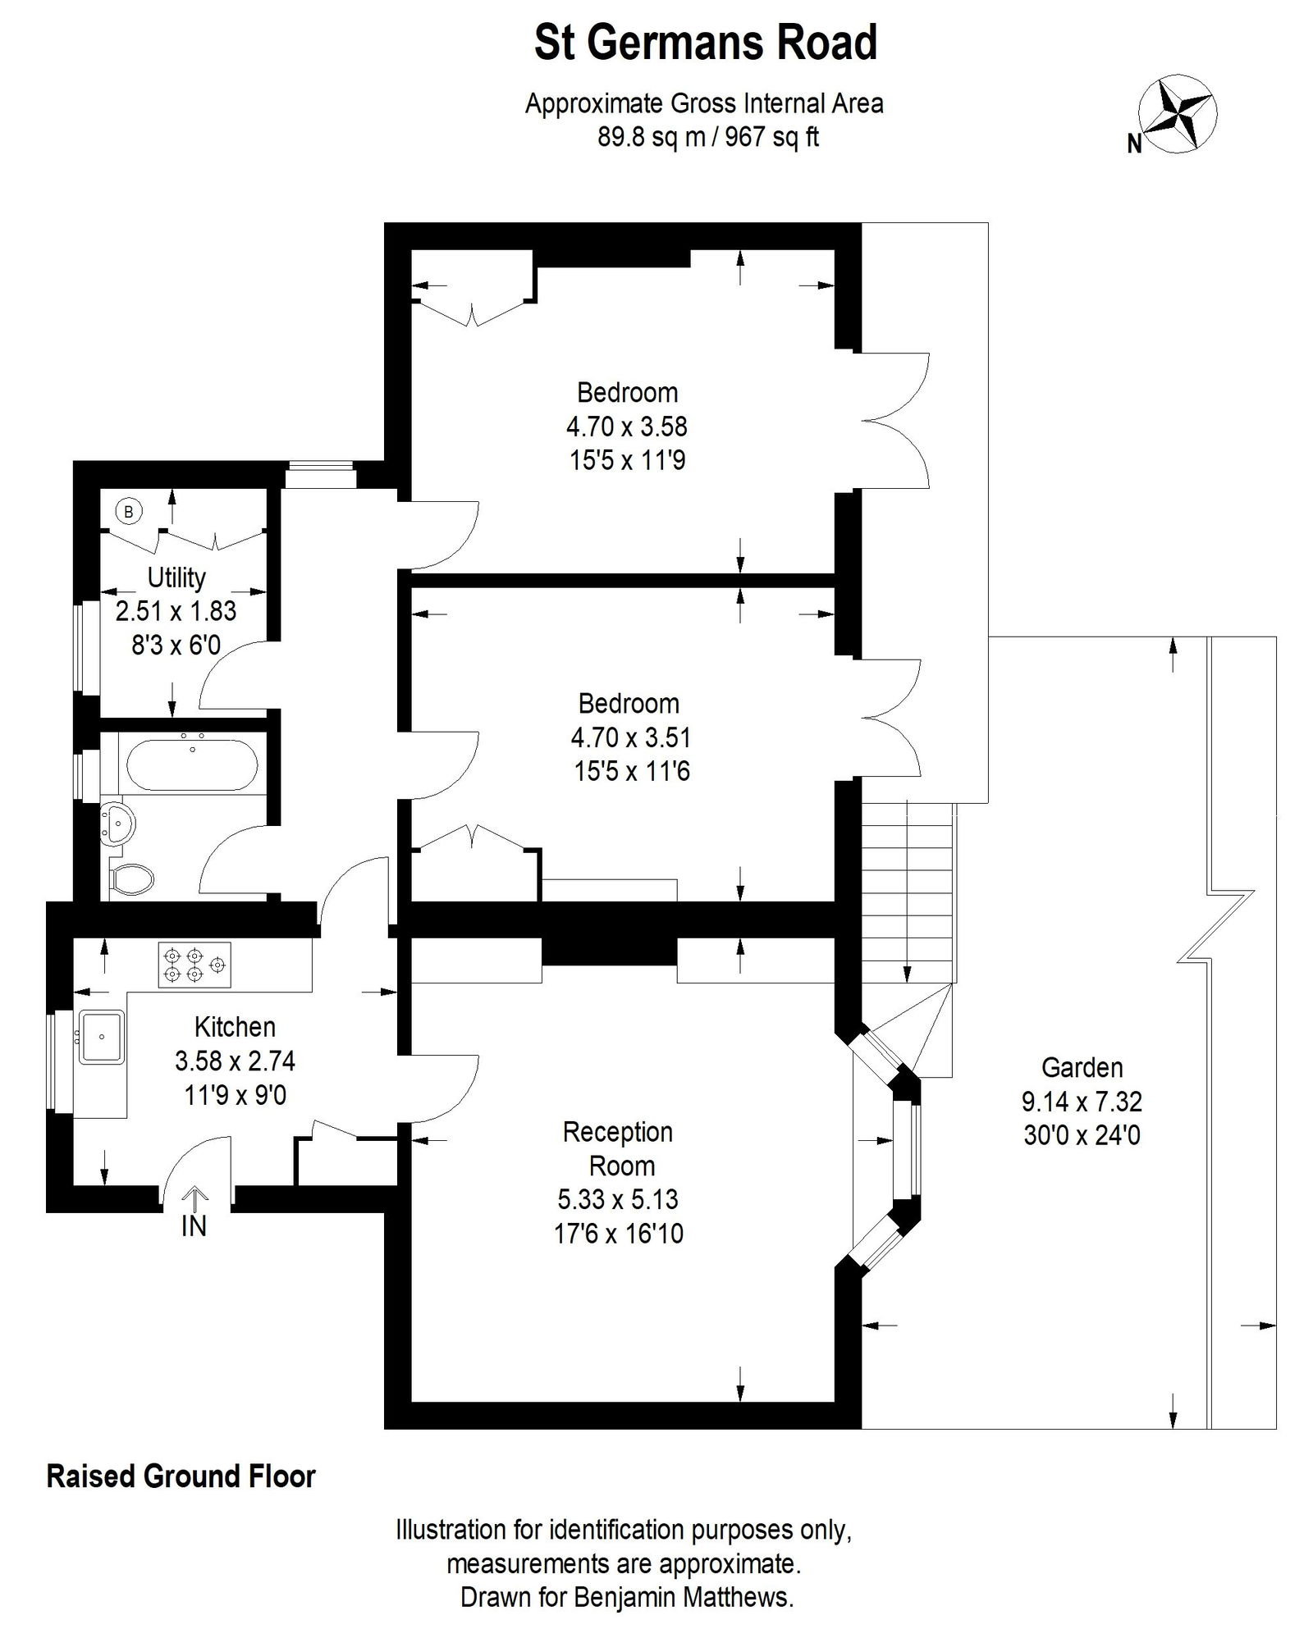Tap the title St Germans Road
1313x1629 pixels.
tap(705, 43)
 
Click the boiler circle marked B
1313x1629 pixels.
tap(128, 512)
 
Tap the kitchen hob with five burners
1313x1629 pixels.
tap(194, 965)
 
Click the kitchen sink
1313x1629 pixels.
tap(101, 1037)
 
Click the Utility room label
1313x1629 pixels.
tap(176, 577)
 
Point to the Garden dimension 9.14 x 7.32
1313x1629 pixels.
tap(1082, 1101)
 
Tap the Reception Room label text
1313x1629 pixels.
tap(618, 1148)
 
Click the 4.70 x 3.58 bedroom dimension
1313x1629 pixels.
tap(627, 427)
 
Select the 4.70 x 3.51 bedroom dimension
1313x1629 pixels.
tap(630, 737)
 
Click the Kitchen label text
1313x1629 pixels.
tap(235, 1026)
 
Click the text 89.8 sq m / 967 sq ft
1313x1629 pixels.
tap(707, 137)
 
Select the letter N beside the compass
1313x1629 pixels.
tap(1134, 144)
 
